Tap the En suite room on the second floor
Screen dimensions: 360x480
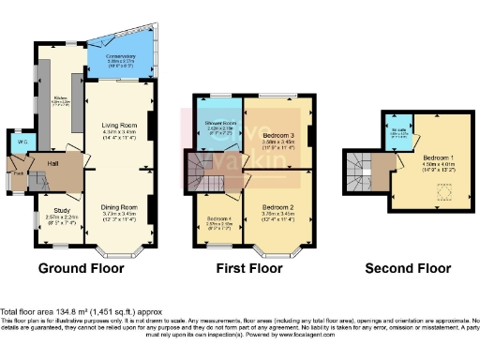(x=398, y=130)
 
